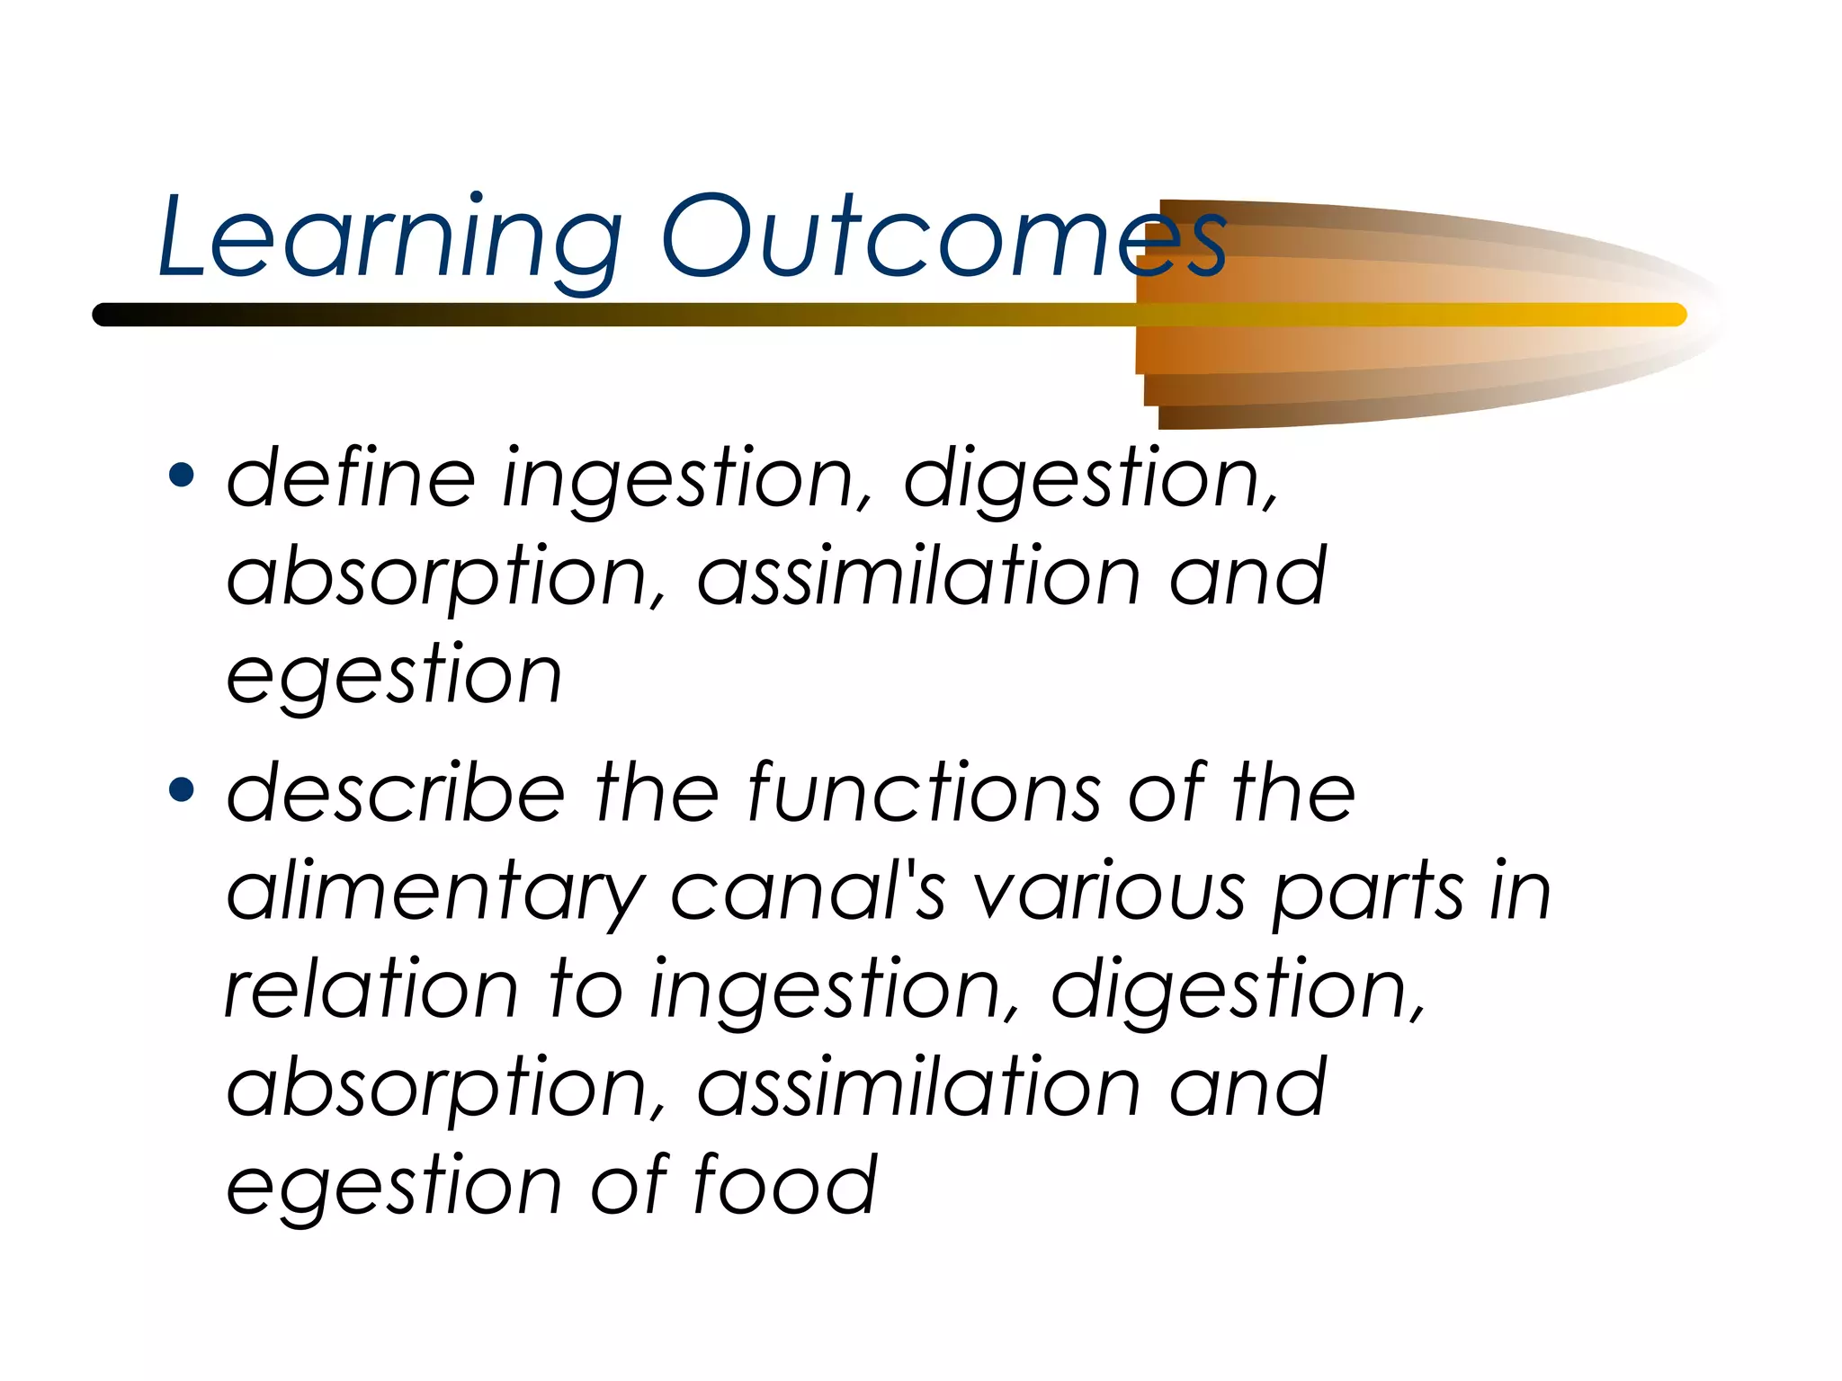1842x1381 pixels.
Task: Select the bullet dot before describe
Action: coord(182,789)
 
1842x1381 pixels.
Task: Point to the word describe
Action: coord(395,793)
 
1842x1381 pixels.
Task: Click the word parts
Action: coord(1368,894)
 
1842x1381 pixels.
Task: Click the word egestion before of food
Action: coord(394,1187)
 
